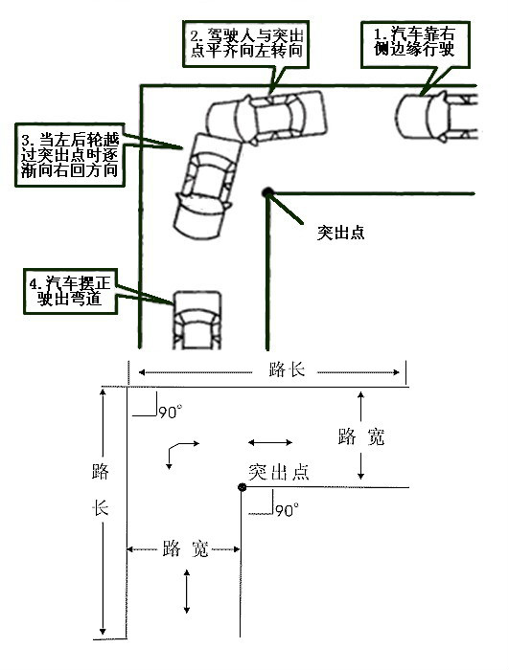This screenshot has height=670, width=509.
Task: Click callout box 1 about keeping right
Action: click(x=415, y=44)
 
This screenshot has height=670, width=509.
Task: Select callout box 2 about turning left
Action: click(x=245, y=44)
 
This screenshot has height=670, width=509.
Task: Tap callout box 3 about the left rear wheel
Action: click(x=70, y=155)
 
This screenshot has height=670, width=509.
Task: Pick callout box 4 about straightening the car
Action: click(x=70, y=291)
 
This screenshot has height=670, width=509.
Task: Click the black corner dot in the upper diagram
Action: click(x=267, y=192)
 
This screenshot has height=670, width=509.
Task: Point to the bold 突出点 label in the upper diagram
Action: click(x=340, y=233)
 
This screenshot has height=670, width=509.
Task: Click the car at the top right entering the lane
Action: click(x=436, y=116)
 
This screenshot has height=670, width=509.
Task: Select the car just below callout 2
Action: click(x=266, y=117)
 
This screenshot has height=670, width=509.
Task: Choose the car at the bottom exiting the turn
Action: click(x=197, y=321)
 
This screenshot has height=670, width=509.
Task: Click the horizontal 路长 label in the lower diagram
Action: click(x=287, y=370)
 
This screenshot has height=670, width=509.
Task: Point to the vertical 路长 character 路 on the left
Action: click(x=101, y=471)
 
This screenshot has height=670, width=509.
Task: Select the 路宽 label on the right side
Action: click(x=361, y=437)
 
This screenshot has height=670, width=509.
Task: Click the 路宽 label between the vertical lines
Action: click(x=185, y=548)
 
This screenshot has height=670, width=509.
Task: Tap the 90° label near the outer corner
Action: click(x=171, y=412)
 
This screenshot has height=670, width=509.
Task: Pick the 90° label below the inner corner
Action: click(x=287, y=510)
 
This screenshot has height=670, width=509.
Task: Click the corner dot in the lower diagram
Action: click(x=243, y=487)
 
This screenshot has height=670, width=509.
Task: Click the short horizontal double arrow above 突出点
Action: click(x=270, y=442)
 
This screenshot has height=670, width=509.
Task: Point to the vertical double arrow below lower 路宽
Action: click(x=187, y=592)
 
